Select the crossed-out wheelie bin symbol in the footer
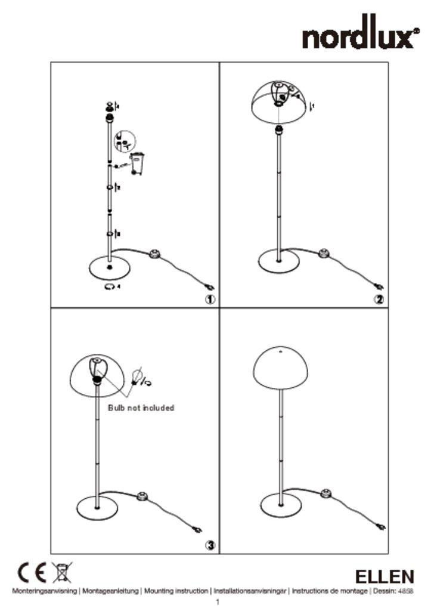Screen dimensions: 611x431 pos(60,573)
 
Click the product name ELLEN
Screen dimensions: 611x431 pos(384,577)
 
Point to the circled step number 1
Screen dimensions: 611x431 pos(210,300)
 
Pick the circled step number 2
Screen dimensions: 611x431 pos(379,300)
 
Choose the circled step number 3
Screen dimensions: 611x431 pos(210,545)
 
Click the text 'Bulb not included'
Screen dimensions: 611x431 pos(141,408)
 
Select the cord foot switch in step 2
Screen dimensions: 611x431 pos(325,252)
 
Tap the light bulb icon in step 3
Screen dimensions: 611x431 pos(137,377)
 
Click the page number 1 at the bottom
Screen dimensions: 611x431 pos(217,602)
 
